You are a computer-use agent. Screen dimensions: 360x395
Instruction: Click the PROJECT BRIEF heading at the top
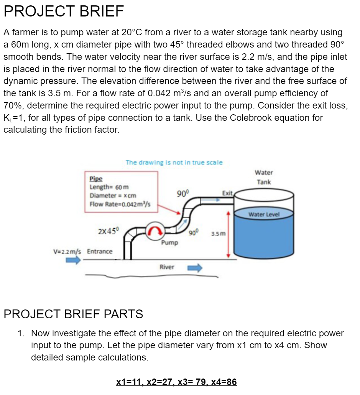pos(64,12)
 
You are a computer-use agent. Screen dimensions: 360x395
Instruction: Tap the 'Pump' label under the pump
pos(169,243)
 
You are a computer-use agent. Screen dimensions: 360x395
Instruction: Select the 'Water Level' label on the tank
pos(264,214)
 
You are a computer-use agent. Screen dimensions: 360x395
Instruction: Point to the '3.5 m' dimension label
pos(219,233)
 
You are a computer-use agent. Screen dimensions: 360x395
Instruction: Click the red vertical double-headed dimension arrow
pos(229,234)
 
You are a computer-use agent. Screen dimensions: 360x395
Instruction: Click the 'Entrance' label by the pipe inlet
pos(100,252)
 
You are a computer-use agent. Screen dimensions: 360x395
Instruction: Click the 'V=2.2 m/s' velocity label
pos(67,252)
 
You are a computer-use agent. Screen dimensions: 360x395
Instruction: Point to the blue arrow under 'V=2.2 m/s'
pos(73,260)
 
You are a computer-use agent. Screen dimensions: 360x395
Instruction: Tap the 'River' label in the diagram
pos(167,267)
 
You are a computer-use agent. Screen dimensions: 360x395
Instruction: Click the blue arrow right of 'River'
pos(194,268)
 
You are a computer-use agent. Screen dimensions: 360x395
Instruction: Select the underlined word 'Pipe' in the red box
pos(95,179)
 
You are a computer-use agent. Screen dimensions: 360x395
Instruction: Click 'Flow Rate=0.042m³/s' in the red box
pos(120,204)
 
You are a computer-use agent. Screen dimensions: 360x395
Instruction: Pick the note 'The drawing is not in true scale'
pos(174,162)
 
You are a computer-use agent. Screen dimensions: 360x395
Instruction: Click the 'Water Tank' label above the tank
pos(264,177)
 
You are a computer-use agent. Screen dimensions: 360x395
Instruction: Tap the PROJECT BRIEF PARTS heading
pos(73,314)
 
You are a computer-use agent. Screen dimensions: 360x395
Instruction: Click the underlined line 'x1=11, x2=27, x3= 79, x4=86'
pos(176,382)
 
